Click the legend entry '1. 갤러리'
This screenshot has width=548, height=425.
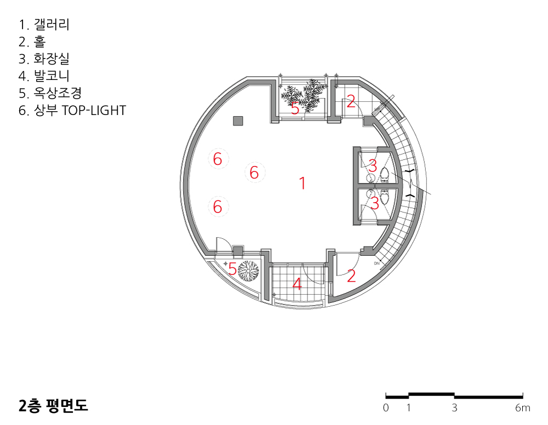pyautogui.click(x=44, y=25)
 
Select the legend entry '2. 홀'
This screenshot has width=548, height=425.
pyautogui.click(x=32, y=42)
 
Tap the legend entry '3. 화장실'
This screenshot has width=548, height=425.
pyautogui.click(x=44, y=59)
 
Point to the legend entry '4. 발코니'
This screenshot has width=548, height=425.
pyautogui.click(x=44, y=76)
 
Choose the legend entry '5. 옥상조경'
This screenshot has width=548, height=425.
pyautogui.click(x=50, y=93)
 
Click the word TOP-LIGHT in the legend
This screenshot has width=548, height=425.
pyautogui.click(x=94, y=110)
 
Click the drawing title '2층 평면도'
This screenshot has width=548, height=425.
pyautogui.click(x=53, y=405)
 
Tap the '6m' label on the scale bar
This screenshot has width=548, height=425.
pyautogui.click(x=522, y=407)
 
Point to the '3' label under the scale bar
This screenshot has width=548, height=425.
pyautogui.click(x=454, y=407)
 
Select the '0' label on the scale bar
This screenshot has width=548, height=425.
pyautogui.click(x=386, y=407)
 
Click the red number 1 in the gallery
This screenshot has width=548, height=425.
pyautogui.click(x=302, y=183)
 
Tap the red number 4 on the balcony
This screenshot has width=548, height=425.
pyautogui.click(x=297, y=284)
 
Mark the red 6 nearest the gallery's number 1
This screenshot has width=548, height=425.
pyautogui.click(x=254, y=173)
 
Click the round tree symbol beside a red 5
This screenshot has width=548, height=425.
pyautogui.click(x=248, y=271)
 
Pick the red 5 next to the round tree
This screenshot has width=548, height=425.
pyautogui.click(x=232, y=269)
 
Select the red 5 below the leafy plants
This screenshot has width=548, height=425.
pyautogui.click(x=295, y=109)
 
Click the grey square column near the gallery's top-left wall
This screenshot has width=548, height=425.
pyautogui.click(x=238, y=121)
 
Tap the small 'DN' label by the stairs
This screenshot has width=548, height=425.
pyautogui.click(x=377, y=263)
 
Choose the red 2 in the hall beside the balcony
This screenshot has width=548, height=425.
pyautogui.click(x=351, y=275)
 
